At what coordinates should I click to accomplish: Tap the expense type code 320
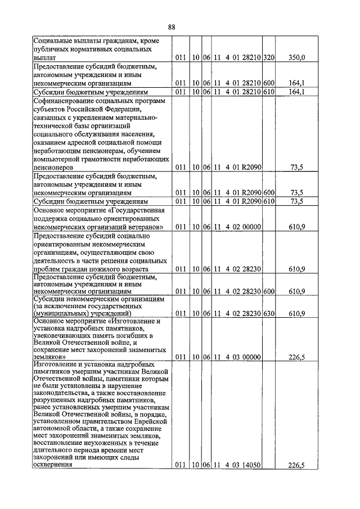click(268, 57)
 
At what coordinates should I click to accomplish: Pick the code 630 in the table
click(268, 313)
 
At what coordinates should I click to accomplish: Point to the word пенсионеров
click(53, 168)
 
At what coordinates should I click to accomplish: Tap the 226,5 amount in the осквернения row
click(296, 465)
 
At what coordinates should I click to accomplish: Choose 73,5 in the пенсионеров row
click(297, 168)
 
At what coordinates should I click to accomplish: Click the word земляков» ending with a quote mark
click(50, 357)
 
